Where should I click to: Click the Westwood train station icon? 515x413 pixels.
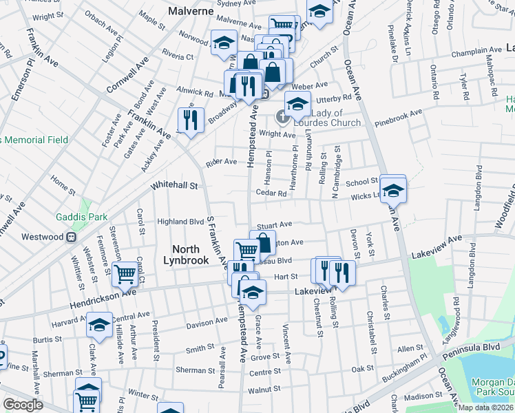70,237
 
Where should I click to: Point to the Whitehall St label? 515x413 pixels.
174,186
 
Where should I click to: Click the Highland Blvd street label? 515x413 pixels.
181,222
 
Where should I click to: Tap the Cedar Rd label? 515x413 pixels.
271,193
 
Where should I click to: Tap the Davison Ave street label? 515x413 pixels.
207,321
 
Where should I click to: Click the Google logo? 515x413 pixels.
23,405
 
